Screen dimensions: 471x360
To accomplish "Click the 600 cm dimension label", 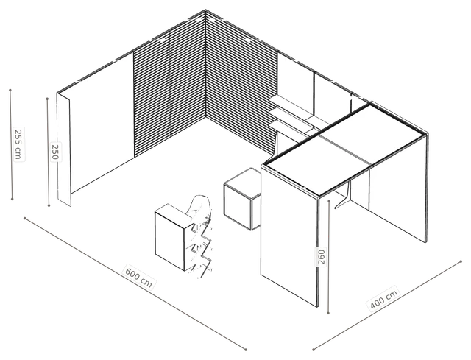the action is click(x=139, y=277).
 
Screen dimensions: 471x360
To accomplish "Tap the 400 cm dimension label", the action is click(x=383, y=298).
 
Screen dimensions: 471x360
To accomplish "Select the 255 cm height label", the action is click(x=18, y=144).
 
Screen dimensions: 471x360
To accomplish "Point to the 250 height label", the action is click(x=55, y=152).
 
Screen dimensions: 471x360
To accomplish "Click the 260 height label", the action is click(x=322, y=257).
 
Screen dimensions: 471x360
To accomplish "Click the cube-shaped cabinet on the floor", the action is click(x=242, y=199).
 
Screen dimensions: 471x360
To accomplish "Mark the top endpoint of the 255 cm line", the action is click(x=10, y=90).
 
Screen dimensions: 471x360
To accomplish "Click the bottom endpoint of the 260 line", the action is click(x=328, y=313).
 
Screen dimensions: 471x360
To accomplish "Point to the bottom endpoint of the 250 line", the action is click(x=49, y=205).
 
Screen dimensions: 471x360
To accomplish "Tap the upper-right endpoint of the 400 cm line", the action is click(x=461, y=261).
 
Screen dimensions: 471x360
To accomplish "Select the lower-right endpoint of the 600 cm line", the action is click(x=246, y=350).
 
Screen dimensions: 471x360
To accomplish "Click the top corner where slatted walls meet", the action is click(x=205, y=10).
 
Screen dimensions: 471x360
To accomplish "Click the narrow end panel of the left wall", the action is click(x=64, y=149).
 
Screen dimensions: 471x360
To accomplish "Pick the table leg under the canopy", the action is click(x=345, y=195).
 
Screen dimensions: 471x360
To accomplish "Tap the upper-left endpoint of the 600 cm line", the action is click(x=24, y=218).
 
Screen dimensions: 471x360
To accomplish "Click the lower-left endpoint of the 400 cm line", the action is click(x=314, y=350).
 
